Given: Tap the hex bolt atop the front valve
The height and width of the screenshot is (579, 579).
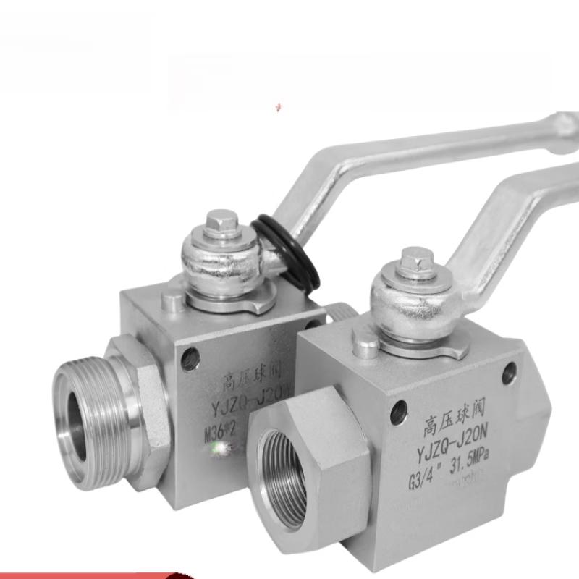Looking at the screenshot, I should point(417,259).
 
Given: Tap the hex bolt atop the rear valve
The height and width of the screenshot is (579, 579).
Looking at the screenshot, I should point(221,221).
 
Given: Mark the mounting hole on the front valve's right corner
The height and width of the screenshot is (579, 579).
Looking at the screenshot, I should point(510,373).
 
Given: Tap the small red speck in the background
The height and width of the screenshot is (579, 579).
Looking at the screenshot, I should point(278,109).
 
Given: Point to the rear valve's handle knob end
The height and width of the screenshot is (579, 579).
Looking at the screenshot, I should point(561,130).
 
